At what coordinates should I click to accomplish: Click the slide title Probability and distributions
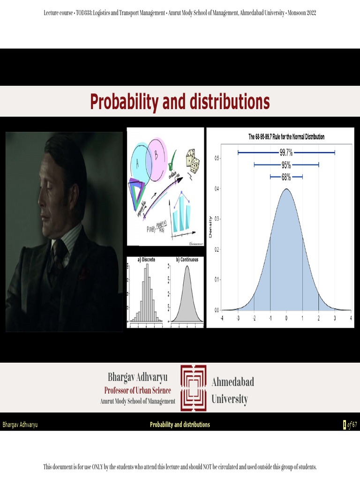pyautogui.click(x=180, y=102)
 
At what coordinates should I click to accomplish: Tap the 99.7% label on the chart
pyautogui.click(x=286, y=152)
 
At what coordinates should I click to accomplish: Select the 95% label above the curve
pyautogui.click(x=286, y=165)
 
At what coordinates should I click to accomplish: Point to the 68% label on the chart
pyautogui.click(x=286, y=177)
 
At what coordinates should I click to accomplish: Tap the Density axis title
pyautogui.click(x=210, y=226)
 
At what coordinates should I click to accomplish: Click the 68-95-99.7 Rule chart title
pyautogui.click(x=286, y=137)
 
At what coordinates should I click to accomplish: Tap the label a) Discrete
pyautogui.click(x=146, y=259)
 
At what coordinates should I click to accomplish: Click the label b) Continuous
pyautogui.click(x=187, y=259)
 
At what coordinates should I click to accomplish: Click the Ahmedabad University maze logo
pyautogui.click(x=194, y=388)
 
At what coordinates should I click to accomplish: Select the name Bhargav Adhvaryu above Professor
pyautogui.click(x=137, y=377)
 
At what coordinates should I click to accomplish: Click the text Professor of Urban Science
pyautogui.click(x=137, y=390)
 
